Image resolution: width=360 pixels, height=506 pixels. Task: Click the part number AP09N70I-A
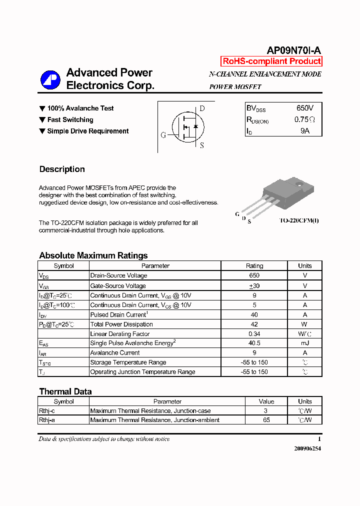tap(293, 50)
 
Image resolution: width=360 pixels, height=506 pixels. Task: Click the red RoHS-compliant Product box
tap(271, 61)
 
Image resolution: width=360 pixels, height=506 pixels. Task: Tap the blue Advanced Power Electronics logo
tap(50, 79)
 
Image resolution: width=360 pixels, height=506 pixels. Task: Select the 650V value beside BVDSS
tap(304, 108)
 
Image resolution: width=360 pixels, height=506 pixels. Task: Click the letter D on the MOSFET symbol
tap(202, 108)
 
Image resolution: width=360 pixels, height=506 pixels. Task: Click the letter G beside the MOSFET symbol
tap(163, 135)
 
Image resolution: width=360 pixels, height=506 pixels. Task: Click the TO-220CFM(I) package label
tap(298, 220)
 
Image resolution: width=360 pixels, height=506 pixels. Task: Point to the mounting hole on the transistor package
tap(300, 185)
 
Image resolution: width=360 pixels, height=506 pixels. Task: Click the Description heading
tap(62, 169)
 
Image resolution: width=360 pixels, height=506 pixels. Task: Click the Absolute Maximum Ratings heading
tap(93, 255)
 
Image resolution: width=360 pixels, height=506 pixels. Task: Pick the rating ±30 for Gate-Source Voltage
tap(254, 285)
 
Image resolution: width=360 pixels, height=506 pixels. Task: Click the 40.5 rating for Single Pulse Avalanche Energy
tap(254, 343)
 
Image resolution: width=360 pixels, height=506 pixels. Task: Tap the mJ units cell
tap(304, 343)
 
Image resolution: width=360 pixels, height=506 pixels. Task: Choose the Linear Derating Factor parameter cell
tap(120, 333)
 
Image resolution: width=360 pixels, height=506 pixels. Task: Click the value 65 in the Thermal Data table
tap(266, 420)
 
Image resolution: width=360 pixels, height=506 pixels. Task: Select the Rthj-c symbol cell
tap(47, 410)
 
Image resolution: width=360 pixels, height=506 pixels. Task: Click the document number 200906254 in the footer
tap(307, 448)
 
